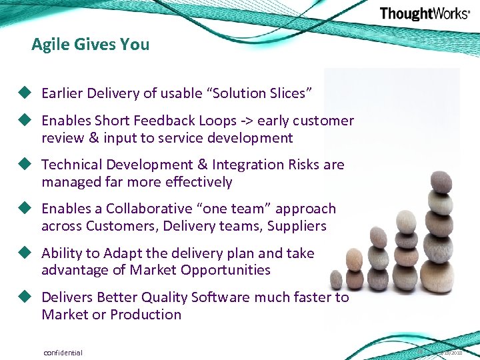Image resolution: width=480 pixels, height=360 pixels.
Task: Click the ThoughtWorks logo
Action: pos(425,14)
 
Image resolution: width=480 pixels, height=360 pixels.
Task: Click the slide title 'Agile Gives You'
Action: pos(90,45)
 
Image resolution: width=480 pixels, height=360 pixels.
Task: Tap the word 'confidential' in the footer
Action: pos(63,352)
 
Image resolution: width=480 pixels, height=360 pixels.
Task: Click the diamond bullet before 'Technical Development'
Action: pos(26,164)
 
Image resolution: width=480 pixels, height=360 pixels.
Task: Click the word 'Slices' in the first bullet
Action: pos(285,93)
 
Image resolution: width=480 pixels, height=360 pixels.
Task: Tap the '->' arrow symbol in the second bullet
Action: pos(247,121)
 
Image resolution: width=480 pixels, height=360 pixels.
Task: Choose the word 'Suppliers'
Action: pos(297,226)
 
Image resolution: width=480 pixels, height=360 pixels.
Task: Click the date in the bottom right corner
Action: pos(451,353)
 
